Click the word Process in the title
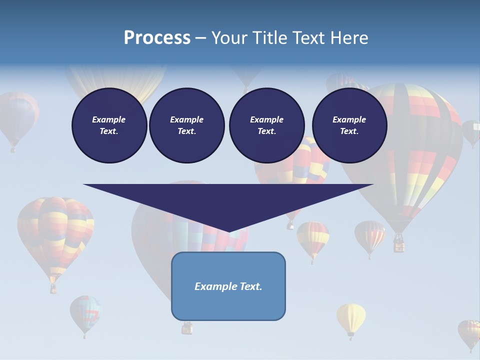tap(157, 38)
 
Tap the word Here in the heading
tap(348, 38)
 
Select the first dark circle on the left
tap(109, 125)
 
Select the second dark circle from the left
tap(186, 125)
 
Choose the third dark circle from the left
tap(266, 125)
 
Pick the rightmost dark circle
tap(349, 125)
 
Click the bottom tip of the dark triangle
tap(228, 231)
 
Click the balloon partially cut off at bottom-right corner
tap(469, 332)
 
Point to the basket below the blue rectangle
tap(186, 328)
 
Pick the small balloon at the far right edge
tap(471, 131)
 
